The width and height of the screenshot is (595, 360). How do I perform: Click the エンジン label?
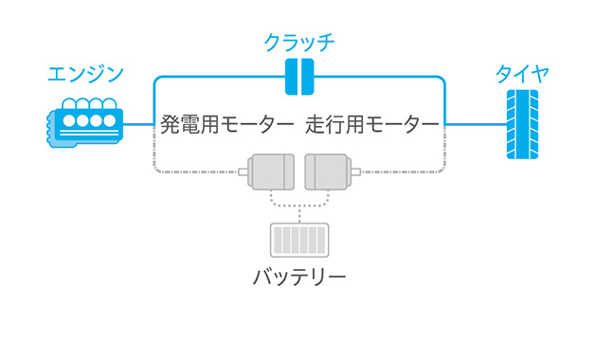(85, 74)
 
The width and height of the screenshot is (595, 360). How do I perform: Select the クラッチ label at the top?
(299, 43)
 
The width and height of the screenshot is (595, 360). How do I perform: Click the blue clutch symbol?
(299, 77)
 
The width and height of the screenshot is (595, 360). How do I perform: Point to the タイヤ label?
(522, 74)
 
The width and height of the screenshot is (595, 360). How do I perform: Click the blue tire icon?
(522, 124)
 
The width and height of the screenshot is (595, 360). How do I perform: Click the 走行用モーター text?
(372, 125)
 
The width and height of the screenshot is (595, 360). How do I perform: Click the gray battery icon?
(299, 240)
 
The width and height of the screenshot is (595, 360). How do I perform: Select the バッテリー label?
(299, 278)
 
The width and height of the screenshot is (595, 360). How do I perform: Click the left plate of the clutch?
(292, 77)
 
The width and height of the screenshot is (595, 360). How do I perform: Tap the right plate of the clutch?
(307, 77)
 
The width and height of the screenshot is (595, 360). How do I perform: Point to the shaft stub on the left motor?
(243, 171)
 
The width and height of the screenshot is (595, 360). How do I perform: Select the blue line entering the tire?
(474, 123)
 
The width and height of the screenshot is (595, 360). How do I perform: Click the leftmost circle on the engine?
(68, 120)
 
